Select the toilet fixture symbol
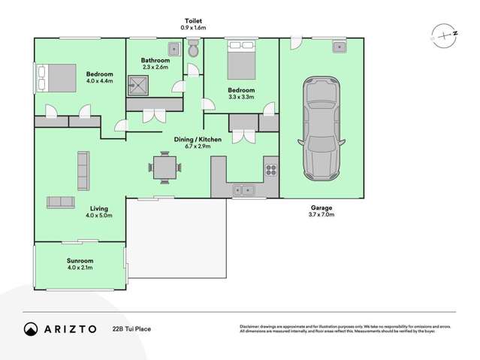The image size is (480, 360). tap(194, 50)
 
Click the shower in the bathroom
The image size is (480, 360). tap(138, 87)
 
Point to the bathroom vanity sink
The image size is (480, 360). tap(174, 49)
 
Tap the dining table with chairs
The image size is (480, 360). tap(163, 166)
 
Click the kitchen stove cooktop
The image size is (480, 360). tap(271, 170)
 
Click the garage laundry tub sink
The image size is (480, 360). tap(340, 47)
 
